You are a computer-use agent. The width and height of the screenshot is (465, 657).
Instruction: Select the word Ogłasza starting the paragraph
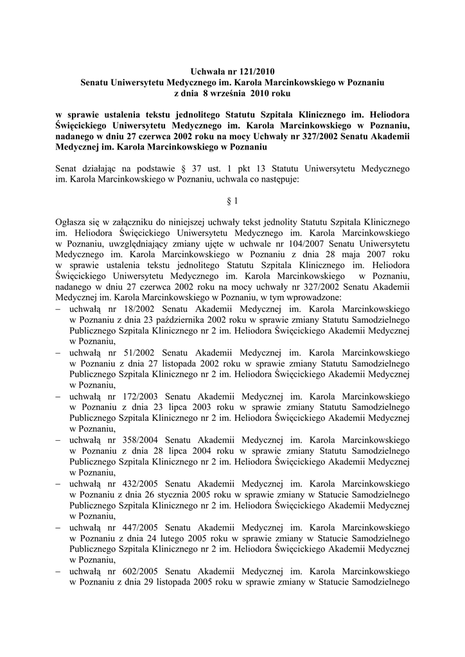pos(73,222)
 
